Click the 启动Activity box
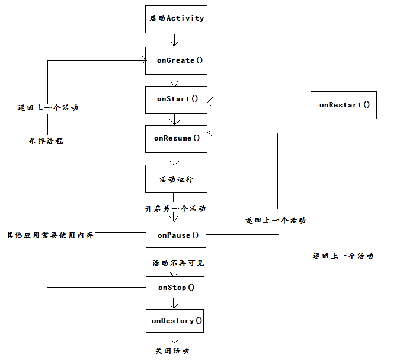(x=176, y=18)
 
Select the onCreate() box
(x=176, y=60)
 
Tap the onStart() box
(x=176, y=99)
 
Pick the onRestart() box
(x=344, y=105)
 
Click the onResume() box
(x=176, y=138)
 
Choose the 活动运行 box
(x=176, y=179)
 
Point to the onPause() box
(x=176, y=235)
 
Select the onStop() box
(x=176, y=288)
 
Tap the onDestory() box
(x=176, y=321)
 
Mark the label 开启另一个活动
(x=175, y=209)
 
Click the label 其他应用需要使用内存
(x=50, y=235)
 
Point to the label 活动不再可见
(x=178, y=263)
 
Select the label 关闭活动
(x=172, y=351)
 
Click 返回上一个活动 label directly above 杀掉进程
(x=48, y=108)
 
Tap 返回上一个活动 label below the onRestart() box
(x=343, y=256)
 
